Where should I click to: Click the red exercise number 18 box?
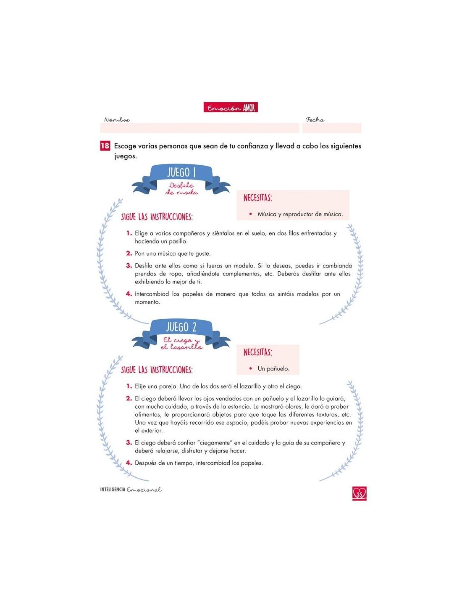(x=105, y=146)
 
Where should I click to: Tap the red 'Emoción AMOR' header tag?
(x=231, y=108)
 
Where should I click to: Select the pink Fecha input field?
(x=331, y=128)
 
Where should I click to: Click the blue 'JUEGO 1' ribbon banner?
(x=181, y=173)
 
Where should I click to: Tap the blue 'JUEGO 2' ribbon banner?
(x=181, y=327)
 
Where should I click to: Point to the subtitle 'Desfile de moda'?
(x=181, y=189)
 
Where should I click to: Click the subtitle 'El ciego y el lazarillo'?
(x=181, y=344)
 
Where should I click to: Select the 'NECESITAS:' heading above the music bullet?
(x=258, y=198)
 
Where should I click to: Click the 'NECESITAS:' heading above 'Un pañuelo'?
(x=258, y=352)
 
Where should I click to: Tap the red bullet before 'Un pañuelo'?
(x=250, y=368)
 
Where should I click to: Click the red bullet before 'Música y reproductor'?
(x=250, y=214)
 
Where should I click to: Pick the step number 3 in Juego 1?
(x=129, y=266)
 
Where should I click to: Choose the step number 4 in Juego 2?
(x=129, y=463)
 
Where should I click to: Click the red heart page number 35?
(x=360, y=493)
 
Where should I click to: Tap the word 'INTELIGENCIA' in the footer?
(x=113, y=490)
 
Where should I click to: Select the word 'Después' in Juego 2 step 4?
(x=146, y=463)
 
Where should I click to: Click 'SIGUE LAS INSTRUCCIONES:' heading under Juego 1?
(x=157, y=217)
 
